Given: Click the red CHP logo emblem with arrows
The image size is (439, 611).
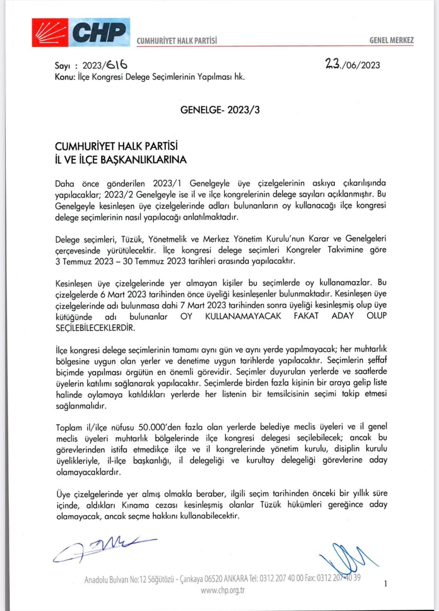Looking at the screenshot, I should pos(50,32).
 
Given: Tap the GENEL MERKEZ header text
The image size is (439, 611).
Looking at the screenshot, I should pos(391,40).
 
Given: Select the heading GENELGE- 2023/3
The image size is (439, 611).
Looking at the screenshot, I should pos(220,110).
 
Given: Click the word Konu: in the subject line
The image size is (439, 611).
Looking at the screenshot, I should pos(65,77).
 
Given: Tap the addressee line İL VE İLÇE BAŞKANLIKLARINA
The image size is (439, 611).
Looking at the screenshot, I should pos(121,160).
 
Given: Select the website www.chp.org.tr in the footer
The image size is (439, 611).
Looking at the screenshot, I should pos(222,590).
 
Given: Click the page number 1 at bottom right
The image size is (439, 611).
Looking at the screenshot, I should pos(385,584).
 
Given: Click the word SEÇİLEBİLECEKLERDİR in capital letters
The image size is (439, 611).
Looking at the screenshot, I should pos(95,327).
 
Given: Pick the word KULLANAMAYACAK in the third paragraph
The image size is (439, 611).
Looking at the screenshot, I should pos(243,316).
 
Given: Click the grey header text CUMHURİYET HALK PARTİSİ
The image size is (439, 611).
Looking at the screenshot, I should pos(177,41).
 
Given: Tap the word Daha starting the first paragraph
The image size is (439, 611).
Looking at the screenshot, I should pos(65,184).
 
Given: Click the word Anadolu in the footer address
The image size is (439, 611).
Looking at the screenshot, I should pos(97,580).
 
